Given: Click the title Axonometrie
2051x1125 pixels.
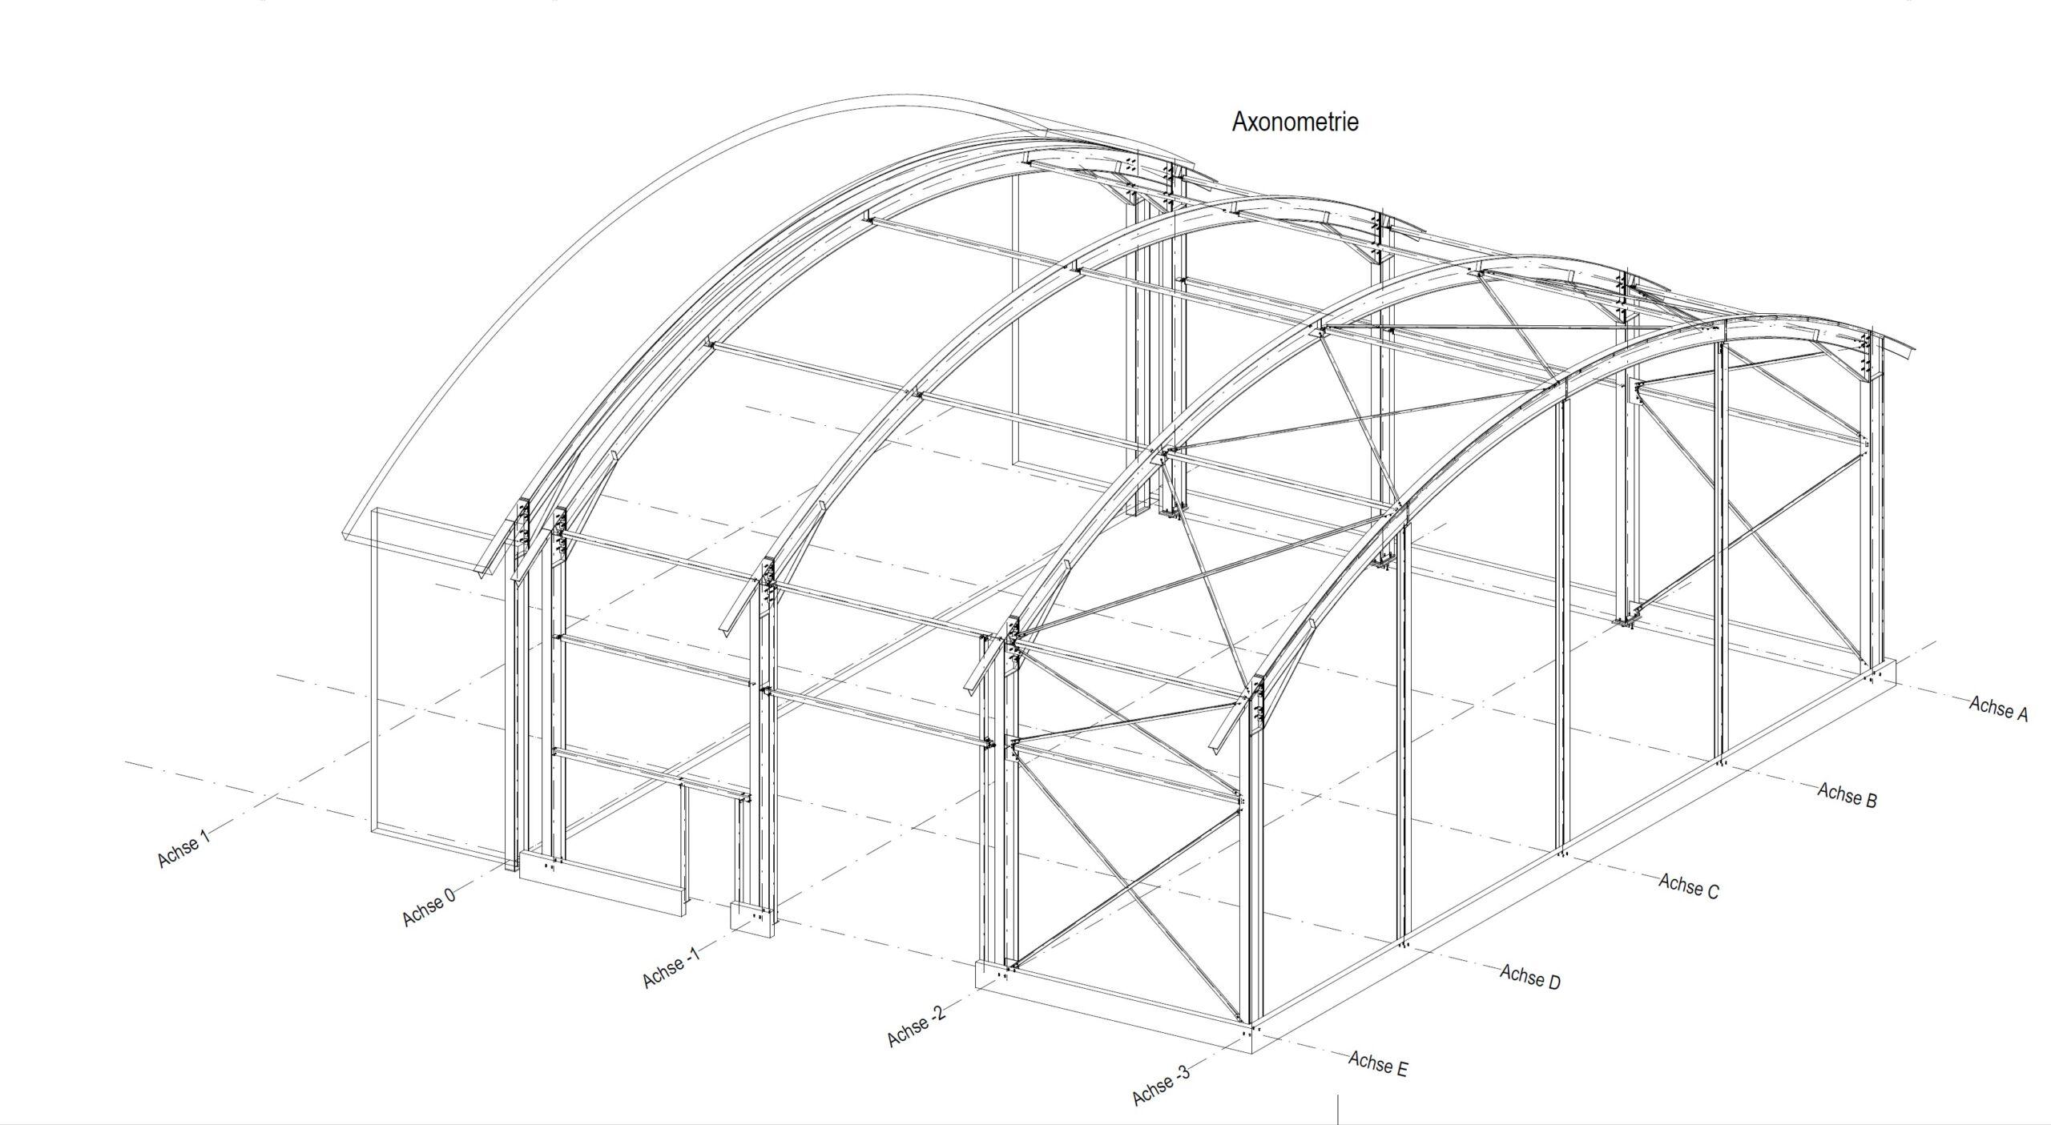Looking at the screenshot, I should tap(1295, 123).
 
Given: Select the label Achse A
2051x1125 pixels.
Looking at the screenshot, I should tap(1997, 709).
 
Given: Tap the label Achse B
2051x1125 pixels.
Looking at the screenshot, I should tap(1847, 795).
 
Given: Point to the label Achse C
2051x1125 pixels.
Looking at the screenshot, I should tap(1688, 886).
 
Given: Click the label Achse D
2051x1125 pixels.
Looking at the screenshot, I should tap(1529, 977).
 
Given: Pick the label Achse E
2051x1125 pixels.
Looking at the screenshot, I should tap(1377, 1064).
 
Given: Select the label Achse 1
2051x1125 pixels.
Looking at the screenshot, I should tap(183, 849).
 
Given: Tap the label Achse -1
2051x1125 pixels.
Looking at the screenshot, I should tap(670, 966).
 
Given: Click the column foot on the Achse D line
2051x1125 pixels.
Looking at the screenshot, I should tap(1404, 945).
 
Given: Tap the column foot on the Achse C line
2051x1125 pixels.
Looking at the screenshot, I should tap(1562, 854).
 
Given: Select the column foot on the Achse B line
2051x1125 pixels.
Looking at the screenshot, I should tap(1719, 762).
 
